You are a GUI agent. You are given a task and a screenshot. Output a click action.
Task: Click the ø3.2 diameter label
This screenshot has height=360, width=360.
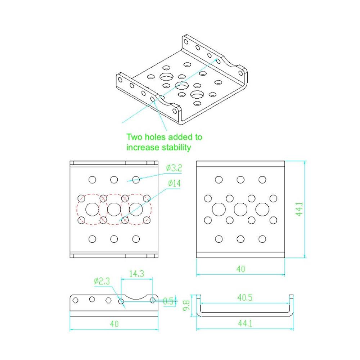coord(174,168)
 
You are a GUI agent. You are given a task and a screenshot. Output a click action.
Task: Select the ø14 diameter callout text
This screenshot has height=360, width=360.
coord(174,184)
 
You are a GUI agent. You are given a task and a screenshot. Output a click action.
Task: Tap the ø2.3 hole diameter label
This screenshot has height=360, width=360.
coord(102,281)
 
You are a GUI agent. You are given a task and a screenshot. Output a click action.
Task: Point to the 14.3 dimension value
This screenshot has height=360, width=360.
coord(136,274)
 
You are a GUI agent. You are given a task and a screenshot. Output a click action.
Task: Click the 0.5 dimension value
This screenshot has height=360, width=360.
coord(168,301)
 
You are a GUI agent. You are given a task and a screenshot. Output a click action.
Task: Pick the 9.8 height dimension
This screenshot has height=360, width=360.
coord(186,306)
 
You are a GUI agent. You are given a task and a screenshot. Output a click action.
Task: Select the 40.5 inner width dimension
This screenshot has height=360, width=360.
coord(245,298)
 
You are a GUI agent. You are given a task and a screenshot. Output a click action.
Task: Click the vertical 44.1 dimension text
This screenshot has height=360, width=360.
coord(300,209)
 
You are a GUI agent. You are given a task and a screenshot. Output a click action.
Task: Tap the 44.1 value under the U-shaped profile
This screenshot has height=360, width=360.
coord(245,324)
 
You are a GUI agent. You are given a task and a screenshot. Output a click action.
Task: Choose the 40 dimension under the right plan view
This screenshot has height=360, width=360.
coord(241,269)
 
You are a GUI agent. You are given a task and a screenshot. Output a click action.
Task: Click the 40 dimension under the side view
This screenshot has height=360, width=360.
coord(114,324)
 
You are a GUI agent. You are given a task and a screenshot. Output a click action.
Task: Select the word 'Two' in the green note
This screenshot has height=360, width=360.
coord(134,137)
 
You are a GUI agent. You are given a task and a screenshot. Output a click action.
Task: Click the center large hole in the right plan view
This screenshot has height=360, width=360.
coord(240,210)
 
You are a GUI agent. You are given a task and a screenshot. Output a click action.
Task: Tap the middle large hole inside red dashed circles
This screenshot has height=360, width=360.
coord(114,210)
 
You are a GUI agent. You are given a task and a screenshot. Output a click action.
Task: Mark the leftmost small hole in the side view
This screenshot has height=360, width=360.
coord(75,300)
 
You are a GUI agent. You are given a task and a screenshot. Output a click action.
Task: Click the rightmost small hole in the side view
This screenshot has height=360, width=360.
coord(153,300)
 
